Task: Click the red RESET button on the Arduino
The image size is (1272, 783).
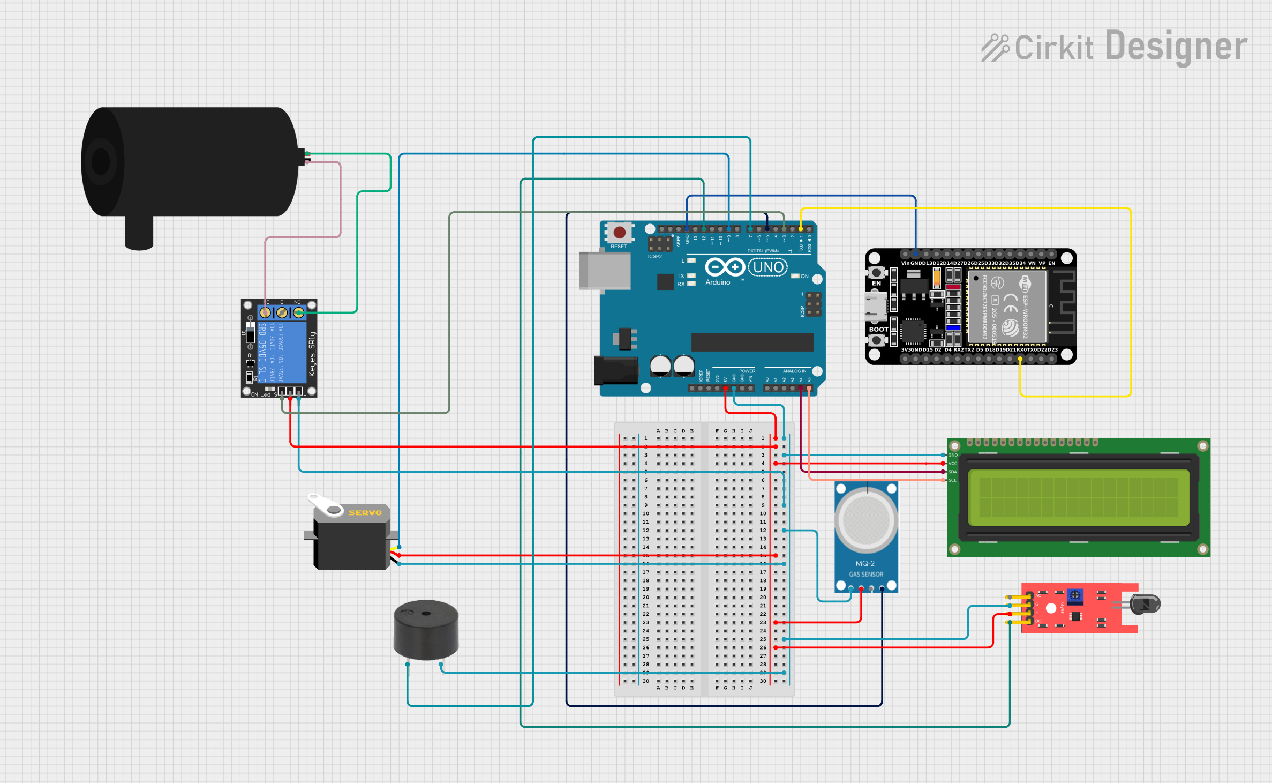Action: coord(619,233)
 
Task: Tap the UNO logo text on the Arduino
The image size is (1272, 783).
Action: coord(767,267)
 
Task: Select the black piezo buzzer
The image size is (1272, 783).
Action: coord(426,629)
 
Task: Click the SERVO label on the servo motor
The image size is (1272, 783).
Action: coord(365,513)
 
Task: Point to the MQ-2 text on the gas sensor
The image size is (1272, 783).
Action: coord(865,563)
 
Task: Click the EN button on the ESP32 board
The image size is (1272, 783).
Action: coord(876,273)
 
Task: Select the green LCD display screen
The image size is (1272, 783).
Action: coord(1078,497)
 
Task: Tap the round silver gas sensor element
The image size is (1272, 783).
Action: coord(866,520)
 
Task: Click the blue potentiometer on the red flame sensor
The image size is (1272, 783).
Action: coord(1074,595)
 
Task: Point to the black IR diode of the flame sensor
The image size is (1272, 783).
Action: coord(1146,604)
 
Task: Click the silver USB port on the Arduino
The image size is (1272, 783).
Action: coord(605,271)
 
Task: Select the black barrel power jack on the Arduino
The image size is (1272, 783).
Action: coord(615,370)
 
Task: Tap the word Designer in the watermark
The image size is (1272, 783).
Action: coord(1176,47)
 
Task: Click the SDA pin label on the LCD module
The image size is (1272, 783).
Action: coord(952,472)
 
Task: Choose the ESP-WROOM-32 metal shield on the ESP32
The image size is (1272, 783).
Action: coord(1006,307)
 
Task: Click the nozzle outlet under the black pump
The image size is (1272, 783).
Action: coord(139,234)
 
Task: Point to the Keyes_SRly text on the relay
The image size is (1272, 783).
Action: coord(312,354)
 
